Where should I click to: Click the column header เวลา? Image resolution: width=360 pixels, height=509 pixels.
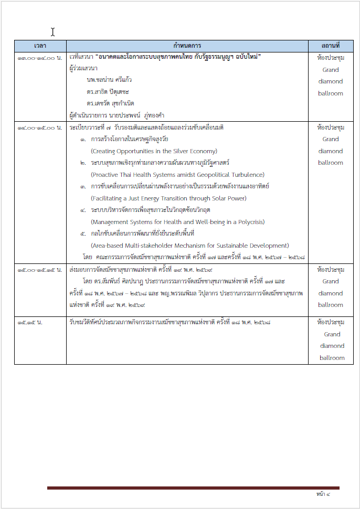40,46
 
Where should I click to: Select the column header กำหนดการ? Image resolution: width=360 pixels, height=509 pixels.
187,46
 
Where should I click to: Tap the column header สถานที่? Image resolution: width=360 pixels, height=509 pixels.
331,46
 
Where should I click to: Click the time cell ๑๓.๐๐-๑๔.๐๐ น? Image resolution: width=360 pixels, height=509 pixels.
40,57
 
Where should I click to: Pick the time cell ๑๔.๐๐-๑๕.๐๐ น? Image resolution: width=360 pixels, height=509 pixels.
40,128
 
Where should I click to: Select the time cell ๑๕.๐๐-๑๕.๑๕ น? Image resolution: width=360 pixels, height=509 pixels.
40,270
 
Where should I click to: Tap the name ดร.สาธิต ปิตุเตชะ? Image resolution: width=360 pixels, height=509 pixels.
108,92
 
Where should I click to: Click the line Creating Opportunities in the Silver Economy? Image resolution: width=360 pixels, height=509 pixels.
146,151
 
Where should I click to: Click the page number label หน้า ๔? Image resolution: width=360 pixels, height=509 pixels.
323,494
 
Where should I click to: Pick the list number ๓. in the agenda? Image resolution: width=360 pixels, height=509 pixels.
83,187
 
